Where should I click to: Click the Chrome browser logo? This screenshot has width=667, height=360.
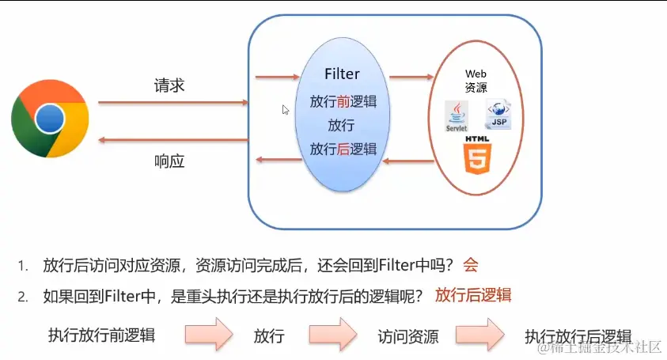(50, 119)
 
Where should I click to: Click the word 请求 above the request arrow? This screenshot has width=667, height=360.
(169, 85)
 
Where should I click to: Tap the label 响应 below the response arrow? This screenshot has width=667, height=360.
(169, 161)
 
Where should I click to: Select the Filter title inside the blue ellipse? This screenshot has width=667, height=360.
(342, 74)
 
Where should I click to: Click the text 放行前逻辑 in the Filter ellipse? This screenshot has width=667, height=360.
(343, 102)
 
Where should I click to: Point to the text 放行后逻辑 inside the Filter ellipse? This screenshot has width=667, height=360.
(343, 149)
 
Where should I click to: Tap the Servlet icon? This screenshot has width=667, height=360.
(457, 116)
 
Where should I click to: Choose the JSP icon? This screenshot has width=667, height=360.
(498, 116)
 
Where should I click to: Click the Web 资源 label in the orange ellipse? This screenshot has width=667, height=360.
(476, 80)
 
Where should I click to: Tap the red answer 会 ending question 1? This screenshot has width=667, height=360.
(471, 265)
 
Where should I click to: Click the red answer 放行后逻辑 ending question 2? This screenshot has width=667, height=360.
(472, 295)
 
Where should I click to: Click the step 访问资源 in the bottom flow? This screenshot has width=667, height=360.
(407, 335)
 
